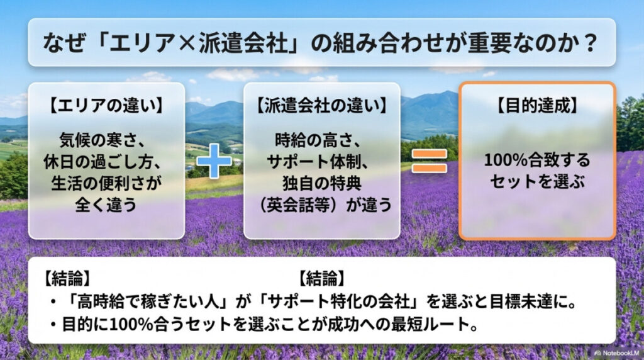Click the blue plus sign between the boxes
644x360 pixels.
[214, 163]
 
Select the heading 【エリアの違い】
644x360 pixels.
[106, 105]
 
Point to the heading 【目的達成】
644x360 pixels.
[536, 105]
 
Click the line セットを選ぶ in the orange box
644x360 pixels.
[536, 183]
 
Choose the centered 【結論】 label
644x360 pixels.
[321, 278]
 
